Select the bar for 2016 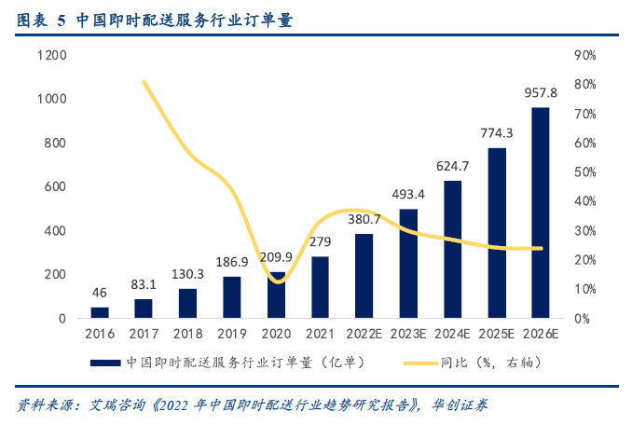[x=100, y=312]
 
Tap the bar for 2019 [x=232, y=297]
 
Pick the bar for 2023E [x=408, y=264]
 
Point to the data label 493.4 [x=408, y=195]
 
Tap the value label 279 [x=321, y=242]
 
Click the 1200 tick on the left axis [x=51, y=55]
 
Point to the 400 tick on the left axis [x=55, y=230]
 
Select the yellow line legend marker [x=420, y=362]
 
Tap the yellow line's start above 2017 [x=144, y=82]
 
